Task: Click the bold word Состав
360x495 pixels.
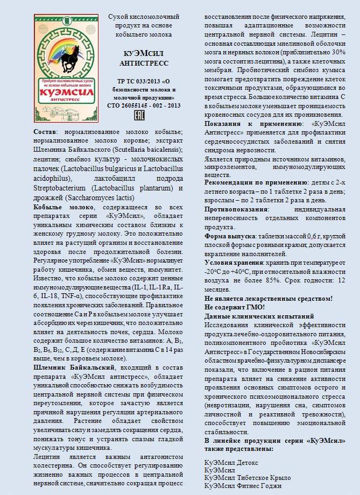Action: [47, 132]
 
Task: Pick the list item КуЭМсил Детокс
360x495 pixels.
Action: [231, 462]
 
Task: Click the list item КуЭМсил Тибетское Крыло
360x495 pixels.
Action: [248, 478]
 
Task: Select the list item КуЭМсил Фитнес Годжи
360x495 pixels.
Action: [243, 486]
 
